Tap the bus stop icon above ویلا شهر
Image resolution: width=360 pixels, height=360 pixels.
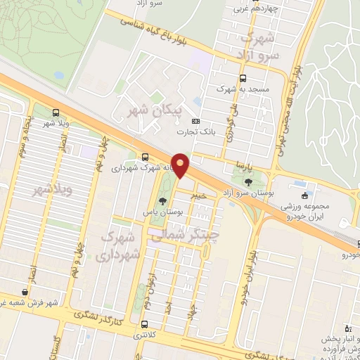point(57,112)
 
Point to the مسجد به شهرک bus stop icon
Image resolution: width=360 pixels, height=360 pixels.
point(243,78)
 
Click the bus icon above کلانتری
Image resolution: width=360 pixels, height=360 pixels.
point(144,324)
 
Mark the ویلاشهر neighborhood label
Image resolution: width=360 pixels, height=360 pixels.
point(36,190)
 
